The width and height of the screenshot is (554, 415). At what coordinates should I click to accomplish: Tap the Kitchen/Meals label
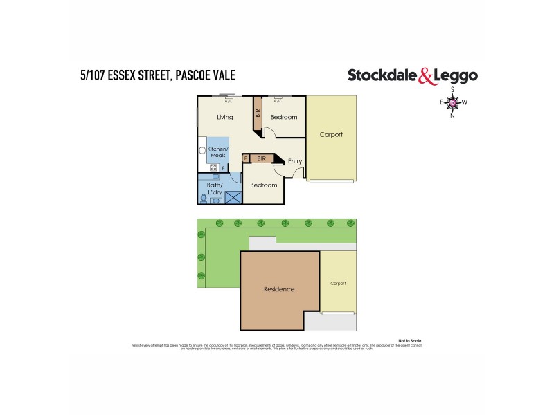[218, 153]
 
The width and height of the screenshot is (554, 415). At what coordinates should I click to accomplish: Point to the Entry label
[295, 161]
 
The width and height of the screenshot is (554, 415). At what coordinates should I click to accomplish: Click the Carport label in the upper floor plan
[331, 134]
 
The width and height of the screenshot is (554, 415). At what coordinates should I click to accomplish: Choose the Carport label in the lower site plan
[338, 283]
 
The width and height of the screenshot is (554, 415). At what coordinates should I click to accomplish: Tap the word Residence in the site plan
[279, 289]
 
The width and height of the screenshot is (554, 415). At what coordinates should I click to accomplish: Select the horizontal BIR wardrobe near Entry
[261, 158]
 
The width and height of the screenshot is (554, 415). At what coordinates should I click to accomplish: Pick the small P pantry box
[246, 158]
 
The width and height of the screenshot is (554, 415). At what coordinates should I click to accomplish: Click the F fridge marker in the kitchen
[223, 168]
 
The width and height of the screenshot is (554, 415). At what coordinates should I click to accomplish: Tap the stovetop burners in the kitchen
[214, 167]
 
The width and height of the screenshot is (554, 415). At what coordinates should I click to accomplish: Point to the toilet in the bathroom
[204, 198]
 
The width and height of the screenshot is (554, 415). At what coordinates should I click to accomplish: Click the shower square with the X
[233, 196]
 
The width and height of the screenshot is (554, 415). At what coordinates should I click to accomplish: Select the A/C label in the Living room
[229, 101]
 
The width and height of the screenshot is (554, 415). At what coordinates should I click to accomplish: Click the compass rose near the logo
[453, 103]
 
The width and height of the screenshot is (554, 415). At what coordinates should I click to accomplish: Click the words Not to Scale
[409, 341]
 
